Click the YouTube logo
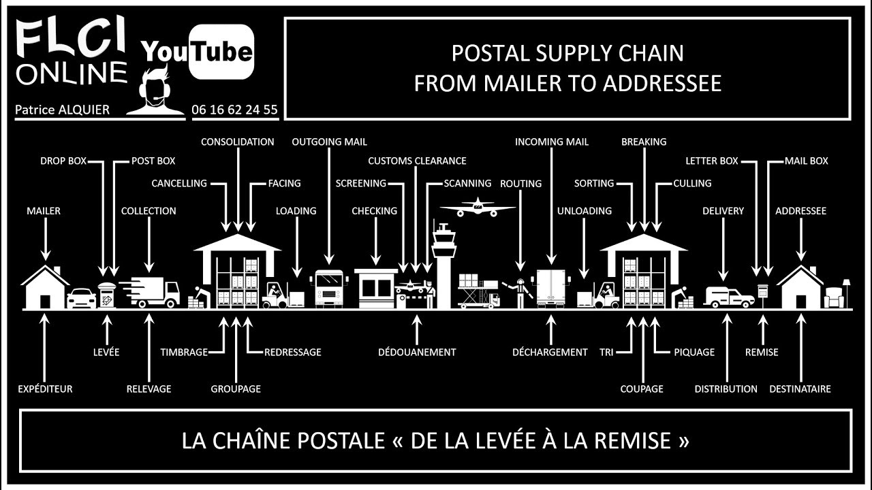(x=198, y=52)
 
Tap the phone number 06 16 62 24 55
(x=234, y=110)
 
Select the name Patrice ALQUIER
(x=62, y=110)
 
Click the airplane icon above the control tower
(x=478, y=207)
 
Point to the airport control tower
(x=443, y=265)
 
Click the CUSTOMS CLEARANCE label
(x=417, y=161)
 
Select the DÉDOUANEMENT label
(x=417, y=352)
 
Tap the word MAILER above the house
(x=44, y=211)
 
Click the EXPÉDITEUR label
(x=45, y=389)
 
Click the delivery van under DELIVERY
(x=729, y=297)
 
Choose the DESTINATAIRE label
(x=800, y=389)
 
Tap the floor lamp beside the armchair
(x=846, y=291)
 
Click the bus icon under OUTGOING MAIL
(x=329, y=289)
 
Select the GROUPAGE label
(x=236, y=389)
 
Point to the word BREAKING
(x=644, y=142)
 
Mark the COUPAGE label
(x=642, y=389)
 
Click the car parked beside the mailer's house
(x=81, y=298)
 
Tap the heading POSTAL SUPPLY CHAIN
(x=567, y=53)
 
